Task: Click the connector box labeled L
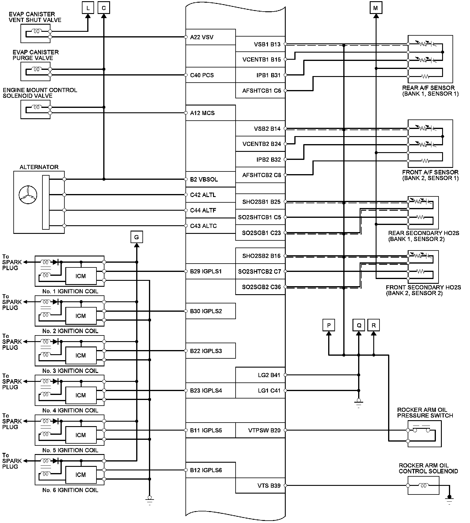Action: click(88, 8)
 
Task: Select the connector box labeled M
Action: click(376, 8)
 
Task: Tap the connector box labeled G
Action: click(136, 237)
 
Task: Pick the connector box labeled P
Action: click(329, 325)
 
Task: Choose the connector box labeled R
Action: click(374, 325)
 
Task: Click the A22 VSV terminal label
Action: click(202, 37)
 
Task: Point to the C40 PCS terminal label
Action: click(202, 75)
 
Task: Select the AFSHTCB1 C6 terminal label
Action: click(261, 91)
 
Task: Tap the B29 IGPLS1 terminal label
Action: click(206, 271)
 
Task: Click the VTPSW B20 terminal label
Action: click(264, 430)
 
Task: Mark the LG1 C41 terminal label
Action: click(269, 390)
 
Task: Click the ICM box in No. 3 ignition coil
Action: click(81, 356)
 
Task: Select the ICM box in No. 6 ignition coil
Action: click(81, 475)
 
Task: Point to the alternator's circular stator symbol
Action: click(27, 195)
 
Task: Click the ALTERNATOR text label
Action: click(39, 167)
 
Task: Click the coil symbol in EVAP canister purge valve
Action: click(36, 69)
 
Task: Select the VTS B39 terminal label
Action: click(269, 486)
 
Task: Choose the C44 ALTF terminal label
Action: click(203, 210)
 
